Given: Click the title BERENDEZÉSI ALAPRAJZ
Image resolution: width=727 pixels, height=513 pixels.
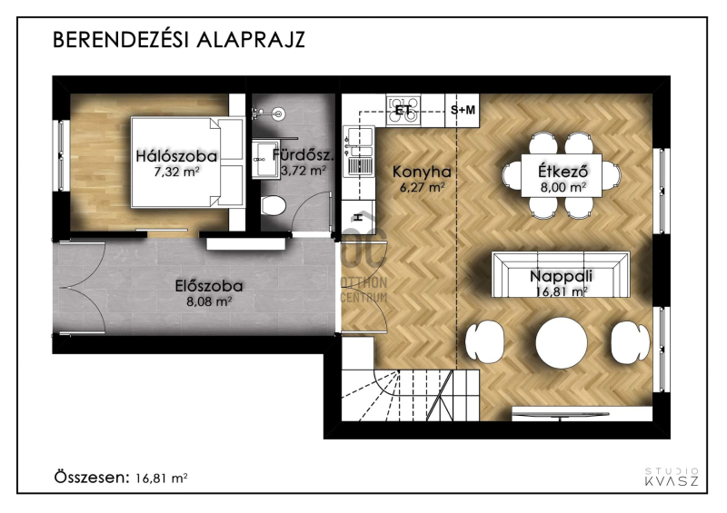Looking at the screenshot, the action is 179,40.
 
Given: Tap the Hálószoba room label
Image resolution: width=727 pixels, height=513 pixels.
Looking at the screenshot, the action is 176,156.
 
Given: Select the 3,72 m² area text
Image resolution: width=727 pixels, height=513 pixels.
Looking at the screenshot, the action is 304,171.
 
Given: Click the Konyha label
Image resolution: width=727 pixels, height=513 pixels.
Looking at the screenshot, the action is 422,172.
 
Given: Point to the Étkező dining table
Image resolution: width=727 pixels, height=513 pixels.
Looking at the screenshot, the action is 562,176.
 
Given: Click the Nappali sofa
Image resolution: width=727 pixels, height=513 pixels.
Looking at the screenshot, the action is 561,276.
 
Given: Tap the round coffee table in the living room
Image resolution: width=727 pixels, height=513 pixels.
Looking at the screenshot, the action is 562,343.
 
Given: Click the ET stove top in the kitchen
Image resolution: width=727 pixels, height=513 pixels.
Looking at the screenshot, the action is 403,110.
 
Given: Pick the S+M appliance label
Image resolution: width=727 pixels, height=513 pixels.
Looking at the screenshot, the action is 463,110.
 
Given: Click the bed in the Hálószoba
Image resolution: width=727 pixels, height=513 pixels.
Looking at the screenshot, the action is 187,163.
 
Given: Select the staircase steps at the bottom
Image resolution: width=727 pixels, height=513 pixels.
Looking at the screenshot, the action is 411,395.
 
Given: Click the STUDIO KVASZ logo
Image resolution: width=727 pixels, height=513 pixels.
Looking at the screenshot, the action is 672,478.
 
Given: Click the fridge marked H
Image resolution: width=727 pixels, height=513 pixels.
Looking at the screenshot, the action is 358,216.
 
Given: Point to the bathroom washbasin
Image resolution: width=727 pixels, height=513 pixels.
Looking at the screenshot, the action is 266,160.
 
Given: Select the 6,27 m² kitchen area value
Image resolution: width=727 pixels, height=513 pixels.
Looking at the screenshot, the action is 422,188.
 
